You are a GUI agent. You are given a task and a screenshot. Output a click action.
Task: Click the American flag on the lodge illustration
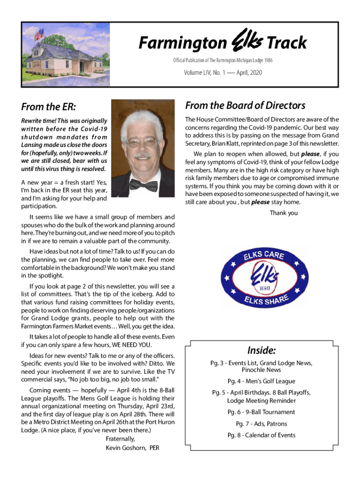[x=40, y=34]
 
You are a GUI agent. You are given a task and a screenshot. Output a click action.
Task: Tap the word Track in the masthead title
[x=287, y=43]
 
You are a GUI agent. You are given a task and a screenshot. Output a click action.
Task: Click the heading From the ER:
[x=49, y=107]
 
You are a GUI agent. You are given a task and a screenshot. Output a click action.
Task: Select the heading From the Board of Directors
[x=245, y=105]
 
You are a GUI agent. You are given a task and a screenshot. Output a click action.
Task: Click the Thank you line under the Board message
[x=283, y=213]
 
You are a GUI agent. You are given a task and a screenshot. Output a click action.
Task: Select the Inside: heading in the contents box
[x=261, y=350]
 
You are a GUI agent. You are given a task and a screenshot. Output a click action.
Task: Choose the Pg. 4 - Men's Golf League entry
[x=261, y=381]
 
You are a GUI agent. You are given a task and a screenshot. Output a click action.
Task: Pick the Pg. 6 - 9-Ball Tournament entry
[x=261, y=412]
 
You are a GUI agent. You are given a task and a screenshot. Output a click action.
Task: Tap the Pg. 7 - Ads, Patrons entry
[x=261, y=424]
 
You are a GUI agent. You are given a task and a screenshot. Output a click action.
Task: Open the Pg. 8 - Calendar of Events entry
[x=261, y=435]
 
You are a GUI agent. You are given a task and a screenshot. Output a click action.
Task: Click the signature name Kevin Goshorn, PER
[x=132, y=448]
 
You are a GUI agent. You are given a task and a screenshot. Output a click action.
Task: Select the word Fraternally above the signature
[x=120, y=439]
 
